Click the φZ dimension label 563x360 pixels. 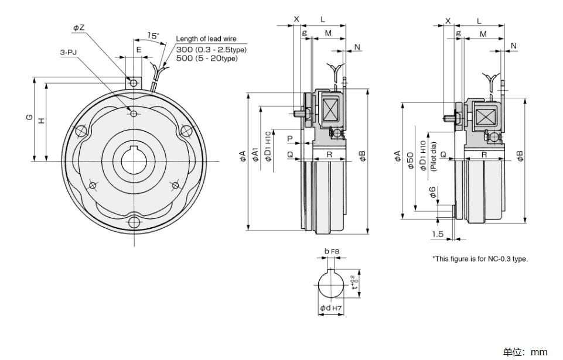click(x=79, y=28)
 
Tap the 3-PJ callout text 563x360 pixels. click(x=68, y=53)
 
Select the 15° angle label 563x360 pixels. click(x=153, y=36)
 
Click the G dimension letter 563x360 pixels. click(x=30, y=117)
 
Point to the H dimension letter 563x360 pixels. click(x=42, y=121)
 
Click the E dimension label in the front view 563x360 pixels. click(x=139, y=50)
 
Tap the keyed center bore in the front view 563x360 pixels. click(x=134, y=161)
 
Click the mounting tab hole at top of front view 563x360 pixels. click(x=134, y=83)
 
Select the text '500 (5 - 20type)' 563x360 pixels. click(x=207, y=58)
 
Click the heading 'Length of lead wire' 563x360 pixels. click(x=206, y=39)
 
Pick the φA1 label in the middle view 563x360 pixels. click(x=255, y=153)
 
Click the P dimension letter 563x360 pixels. click(x=290, y=138)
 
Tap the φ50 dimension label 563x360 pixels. click(x=411, y=160)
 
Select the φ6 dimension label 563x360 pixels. click(x=433, y=192)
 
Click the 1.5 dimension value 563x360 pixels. click(x=438, y=234)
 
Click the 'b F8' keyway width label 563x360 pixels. click(x=332, y=251)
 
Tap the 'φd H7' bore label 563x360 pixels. click(x=330, y=308)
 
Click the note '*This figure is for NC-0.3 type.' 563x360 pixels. click(x=480, y=259)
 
